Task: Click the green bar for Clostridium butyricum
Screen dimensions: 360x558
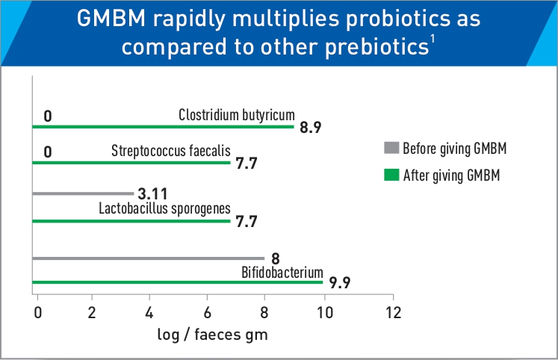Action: (x=164, y=125)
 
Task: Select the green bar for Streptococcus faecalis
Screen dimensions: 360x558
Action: (x=132, y=161)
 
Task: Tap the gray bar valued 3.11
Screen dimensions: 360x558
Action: (x=84, y=193)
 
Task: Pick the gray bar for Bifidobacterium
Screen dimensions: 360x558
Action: (x=149, y=258)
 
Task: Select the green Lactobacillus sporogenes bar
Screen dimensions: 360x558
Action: (x=132, y=220)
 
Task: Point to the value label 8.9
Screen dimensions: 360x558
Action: (x=310, y=128)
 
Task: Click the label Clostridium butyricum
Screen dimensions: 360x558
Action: (x=237, y=115)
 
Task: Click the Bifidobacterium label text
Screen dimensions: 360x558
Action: (x=282, y=272)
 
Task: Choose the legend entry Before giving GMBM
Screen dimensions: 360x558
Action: (x=455, y=148)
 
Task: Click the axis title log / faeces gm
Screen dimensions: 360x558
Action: (x=213, y=335)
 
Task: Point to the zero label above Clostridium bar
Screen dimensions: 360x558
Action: (x=47, y=116)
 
